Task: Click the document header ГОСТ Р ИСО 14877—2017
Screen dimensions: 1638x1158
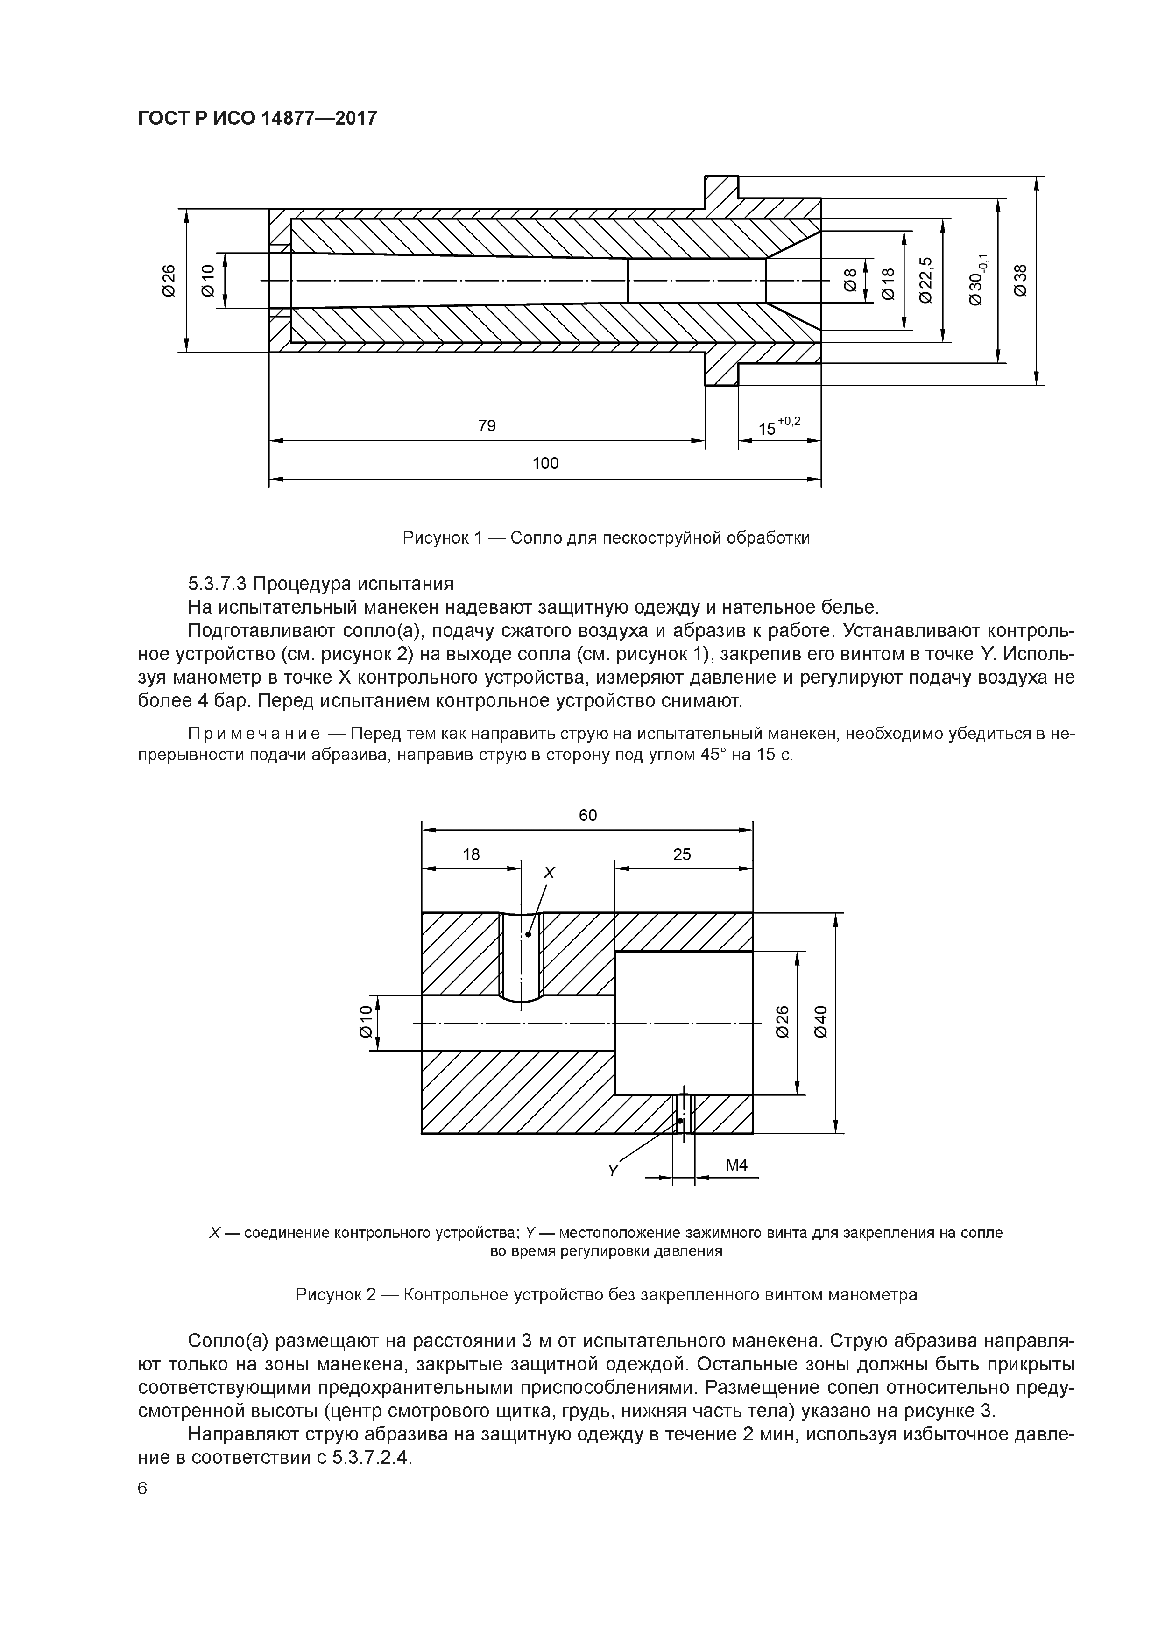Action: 257,118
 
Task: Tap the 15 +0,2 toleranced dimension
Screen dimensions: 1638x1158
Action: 778,427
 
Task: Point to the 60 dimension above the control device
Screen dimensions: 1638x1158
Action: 587,815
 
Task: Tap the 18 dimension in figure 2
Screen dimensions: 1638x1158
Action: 471,854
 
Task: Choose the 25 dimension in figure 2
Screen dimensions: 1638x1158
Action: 682,854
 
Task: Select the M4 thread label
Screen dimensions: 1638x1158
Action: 736,1165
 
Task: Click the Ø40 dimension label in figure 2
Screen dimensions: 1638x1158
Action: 820,1022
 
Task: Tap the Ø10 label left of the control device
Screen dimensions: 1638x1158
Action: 365,1022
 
